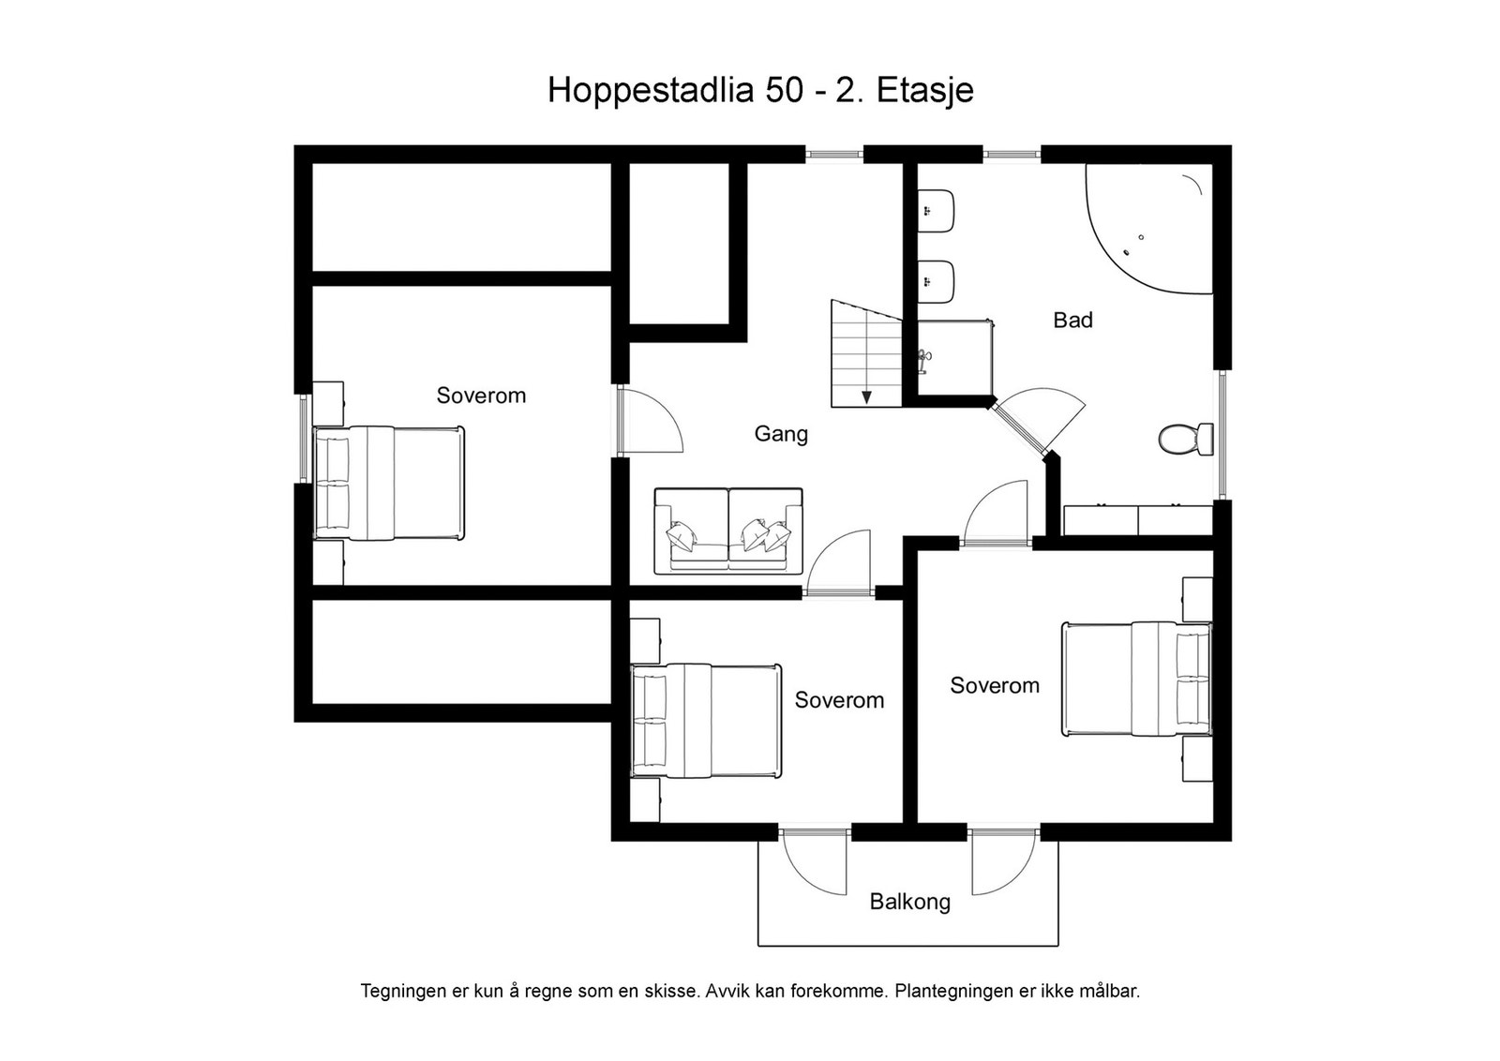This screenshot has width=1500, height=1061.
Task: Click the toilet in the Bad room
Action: pos(1184,439)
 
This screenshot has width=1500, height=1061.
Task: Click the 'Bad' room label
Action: pos(1072,321)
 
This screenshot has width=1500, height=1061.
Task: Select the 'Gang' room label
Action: pos(781,434)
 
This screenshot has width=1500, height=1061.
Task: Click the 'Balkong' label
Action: pos(909,902)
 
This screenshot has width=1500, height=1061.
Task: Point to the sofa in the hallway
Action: pos(728,530)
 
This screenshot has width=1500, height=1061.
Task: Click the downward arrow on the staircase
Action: pos(867,396)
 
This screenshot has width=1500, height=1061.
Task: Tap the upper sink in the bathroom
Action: pos(936,211)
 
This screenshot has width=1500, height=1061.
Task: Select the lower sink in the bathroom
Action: pos(936,281)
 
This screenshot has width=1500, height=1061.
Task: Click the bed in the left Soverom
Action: pos(388,484)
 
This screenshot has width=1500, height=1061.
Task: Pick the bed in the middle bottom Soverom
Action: pos(706,720)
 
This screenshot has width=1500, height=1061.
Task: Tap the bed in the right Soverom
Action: pos(1136,679)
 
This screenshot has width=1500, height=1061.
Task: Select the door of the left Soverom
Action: pos(650,423)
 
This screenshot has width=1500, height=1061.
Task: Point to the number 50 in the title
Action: pos(784,91)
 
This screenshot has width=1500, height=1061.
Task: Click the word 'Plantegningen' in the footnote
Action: pos(955,991)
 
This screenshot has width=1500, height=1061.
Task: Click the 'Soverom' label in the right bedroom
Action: pos(994,686)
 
